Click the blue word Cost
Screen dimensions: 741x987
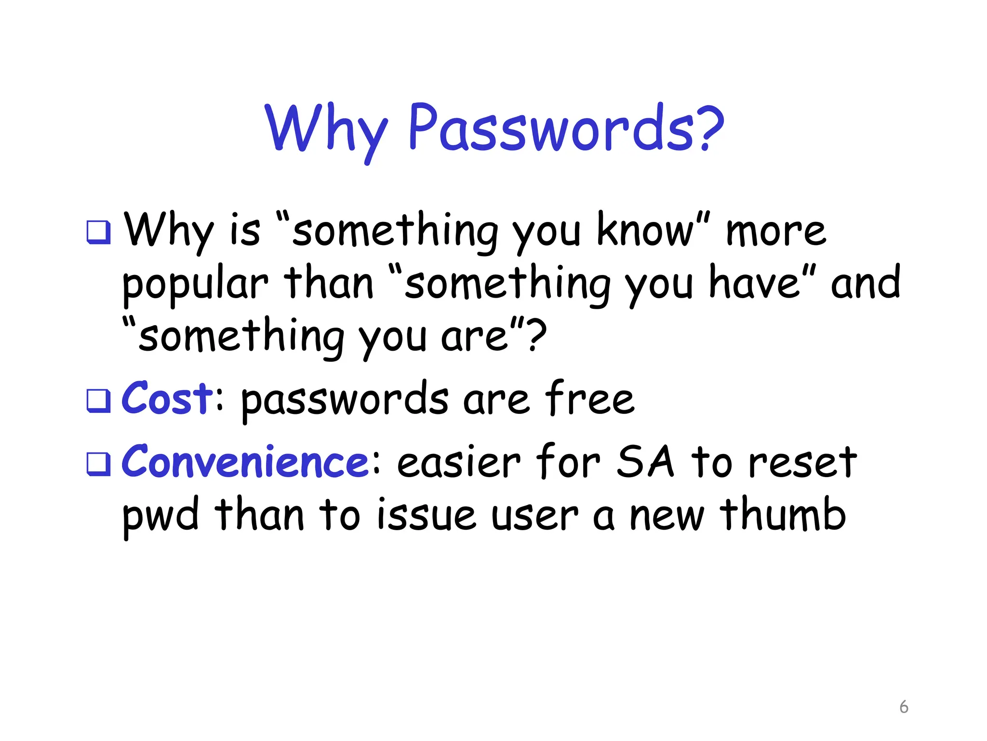click(166, 398)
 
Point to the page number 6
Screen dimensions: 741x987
click(904, 707)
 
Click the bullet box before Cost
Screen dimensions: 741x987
click(98, 401)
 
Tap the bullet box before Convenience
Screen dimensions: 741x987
click(98, 464)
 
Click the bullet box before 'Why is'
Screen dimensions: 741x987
click(98, 232)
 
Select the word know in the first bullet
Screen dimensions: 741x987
click(646, 230)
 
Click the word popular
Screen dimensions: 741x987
click(195, 285)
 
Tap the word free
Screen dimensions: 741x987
click(590, 398)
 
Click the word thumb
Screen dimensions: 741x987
click(783, 514)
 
